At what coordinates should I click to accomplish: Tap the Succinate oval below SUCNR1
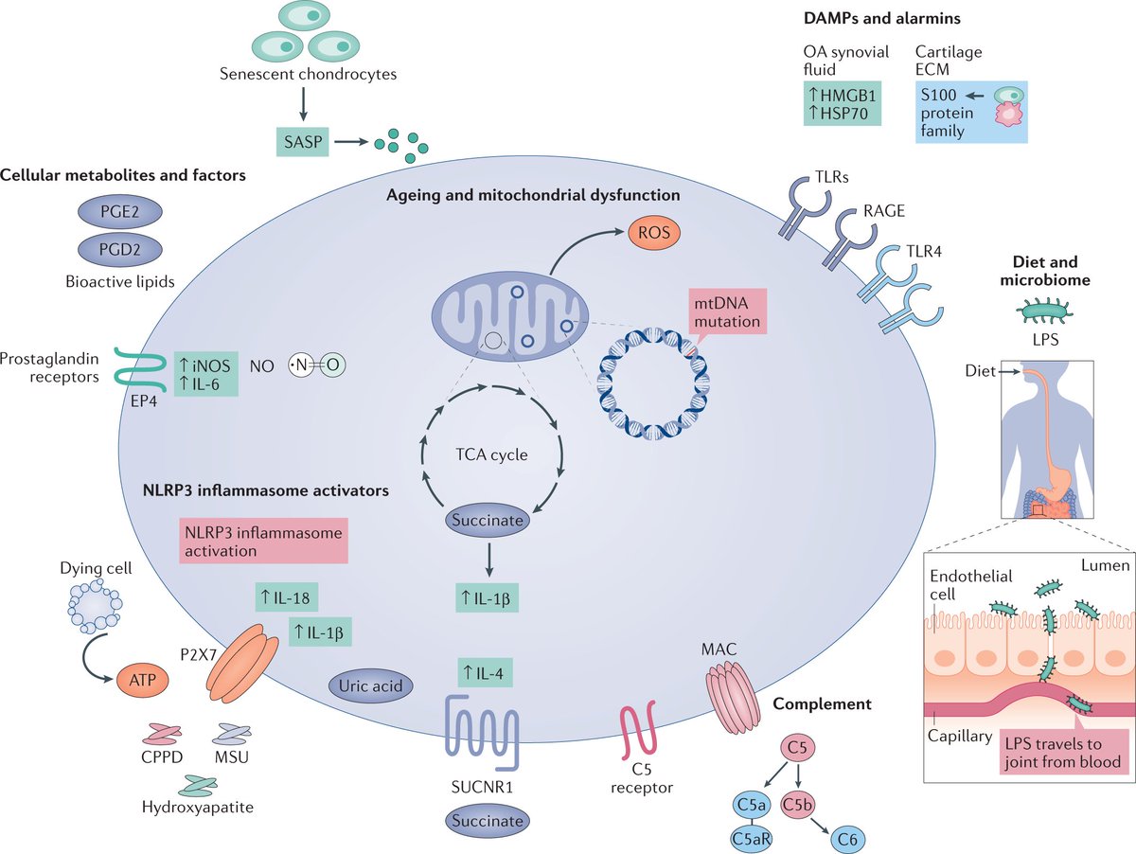(487, 820)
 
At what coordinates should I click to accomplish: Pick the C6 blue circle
(844, 836)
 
